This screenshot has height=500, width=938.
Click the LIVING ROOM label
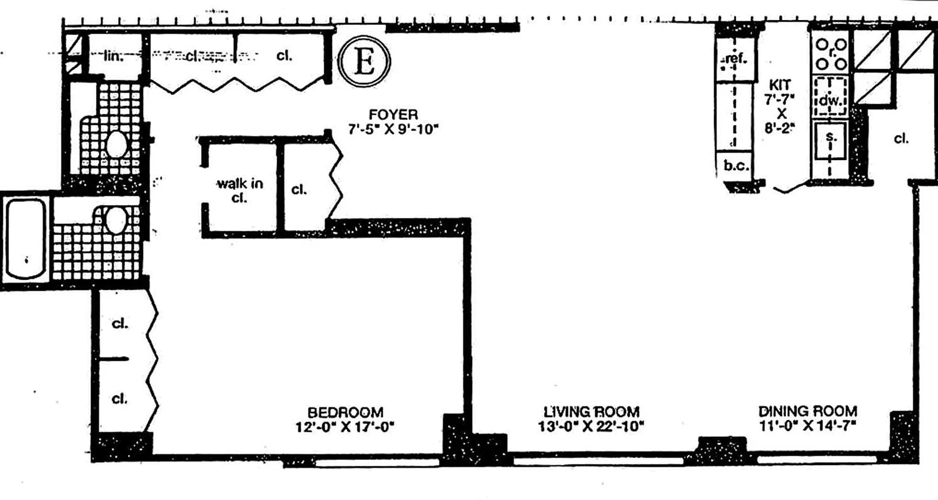591,412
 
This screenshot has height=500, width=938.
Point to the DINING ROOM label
807,412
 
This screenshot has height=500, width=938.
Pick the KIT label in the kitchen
782,84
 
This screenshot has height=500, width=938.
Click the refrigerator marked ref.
735,60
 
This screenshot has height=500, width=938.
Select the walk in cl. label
240,190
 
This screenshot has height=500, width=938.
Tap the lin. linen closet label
113,56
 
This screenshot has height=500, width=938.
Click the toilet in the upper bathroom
116,144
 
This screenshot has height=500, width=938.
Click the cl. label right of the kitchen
900,139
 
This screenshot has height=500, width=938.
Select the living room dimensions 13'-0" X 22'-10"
591,427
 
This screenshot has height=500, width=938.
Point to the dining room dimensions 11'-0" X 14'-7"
807,427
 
